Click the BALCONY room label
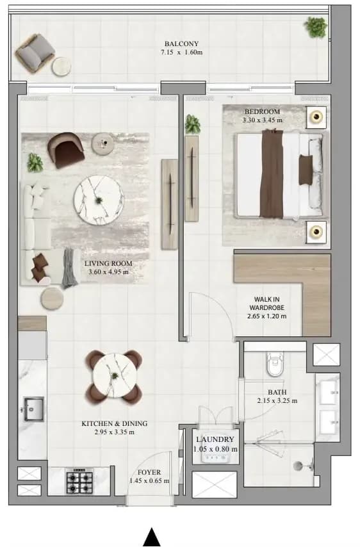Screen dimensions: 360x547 (x=181, y=44)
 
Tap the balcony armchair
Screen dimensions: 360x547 (x=35, y=53)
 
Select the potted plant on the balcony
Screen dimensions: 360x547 (x=316, y=27)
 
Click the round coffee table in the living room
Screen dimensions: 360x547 (x=99, y=200)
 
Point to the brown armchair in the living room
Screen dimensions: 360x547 (x=66, y=150)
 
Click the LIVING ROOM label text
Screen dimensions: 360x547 (x=108, y=263)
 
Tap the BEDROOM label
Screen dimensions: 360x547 (x=263, y=111)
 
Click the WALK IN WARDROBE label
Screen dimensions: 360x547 (x=267, y=304)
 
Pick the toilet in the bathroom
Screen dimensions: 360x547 (x=275, y=364)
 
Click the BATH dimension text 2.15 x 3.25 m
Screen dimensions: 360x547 (x=277, y=401)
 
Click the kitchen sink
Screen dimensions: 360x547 (x=33, y=409)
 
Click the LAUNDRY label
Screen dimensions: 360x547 (x=215, y=439)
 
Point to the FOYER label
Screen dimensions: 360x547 (x=149, y=472)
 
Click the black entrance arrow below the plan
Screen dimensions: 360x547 (x=152, y=537)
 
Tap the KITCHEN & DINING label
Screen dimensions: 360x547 (x=115, y=423)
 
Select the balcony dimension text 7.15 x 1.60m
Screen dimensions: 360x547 (x=181, y=53)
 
